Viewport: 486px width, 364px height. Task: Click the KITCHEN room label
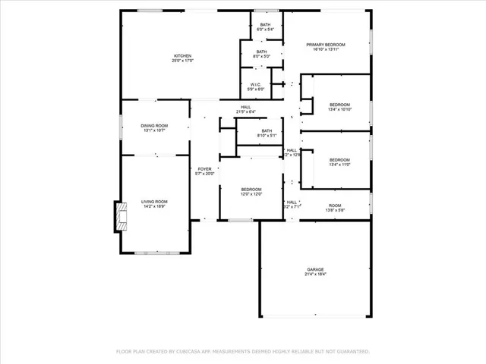tap(181, 55)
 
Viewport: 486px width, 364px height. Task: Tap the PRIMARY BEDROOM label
tap(326, 45)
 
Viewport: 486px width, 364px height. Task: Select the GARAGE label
tap(315, 269)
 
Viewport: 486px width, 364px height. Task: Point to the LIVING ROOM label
tap(153, 201)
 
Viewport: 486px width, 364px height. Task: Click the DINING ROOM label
tap(154, 125)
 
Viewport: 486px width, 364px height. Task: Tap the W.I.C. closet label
tap(257, 85)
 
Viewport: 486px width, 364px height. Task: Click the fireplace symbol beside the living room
tap(120, 217)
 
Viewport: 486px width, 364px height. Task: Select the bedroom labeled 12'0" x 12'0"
tap(251, 194)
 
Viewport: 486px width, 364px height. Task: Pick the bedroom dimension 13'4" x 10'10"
tap(339, 109)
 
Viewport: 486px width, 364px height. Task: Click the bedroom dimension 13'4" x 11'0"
tap(339, 165)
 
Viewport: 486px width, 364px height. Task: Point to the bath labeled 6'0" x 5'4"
tap(265, 30)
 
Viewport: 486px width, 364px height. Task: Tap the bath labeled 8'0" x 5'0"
tap(262, 55)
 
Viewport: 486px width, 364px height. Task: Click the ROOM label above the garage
tap(334, 206)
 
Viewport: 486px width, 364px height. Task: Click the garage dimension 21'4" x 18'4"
tap(315, 275)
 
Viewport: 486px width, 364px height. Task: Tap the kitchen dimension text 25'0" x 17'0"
tap(181, 61)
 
